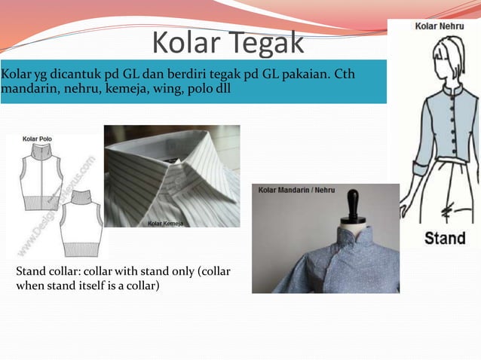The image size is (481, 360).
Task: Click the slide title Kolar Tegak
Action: pos(228,43)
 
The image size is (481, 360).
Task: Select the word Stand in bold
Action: pos(444,239)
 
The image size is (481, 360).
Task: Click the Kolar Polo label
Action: pos(38,139)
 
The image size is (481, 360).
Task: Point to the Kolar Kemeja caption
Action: pos(167,223)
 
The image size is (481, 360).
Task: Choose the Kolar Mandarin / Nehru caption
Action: pos(296,190)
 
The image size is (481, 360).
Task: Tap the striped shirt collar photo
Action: pos(172,175)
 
